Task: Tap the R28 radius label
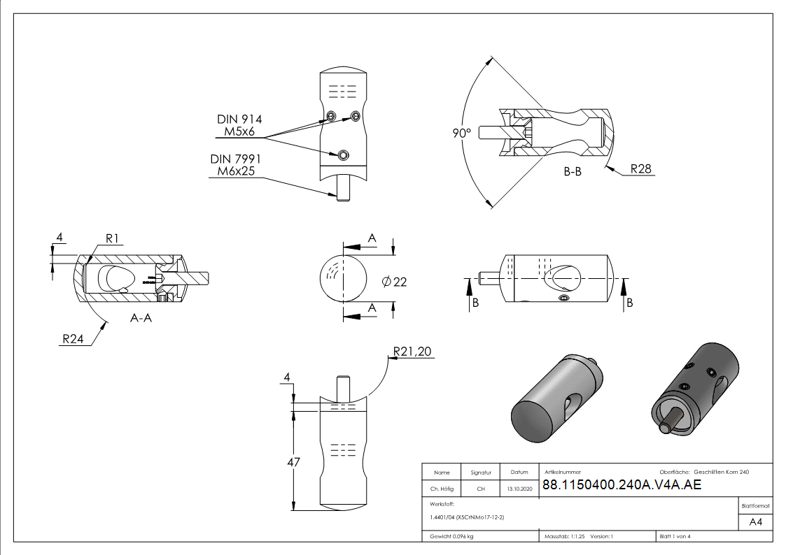[641, 168]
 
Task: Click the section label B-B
[573, 171]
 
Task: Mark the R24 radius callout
[74, 339]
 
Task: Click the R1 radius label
[114, 239]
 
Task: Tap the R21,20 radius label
[413, 352]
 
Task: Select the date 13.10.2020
[519, 489]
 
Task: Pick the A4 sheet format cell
[756, 522]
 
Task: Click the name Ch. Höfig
[442, 489]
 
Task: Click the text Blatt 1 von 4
[675, 537]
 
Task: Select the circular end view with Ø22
[343, 278]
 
